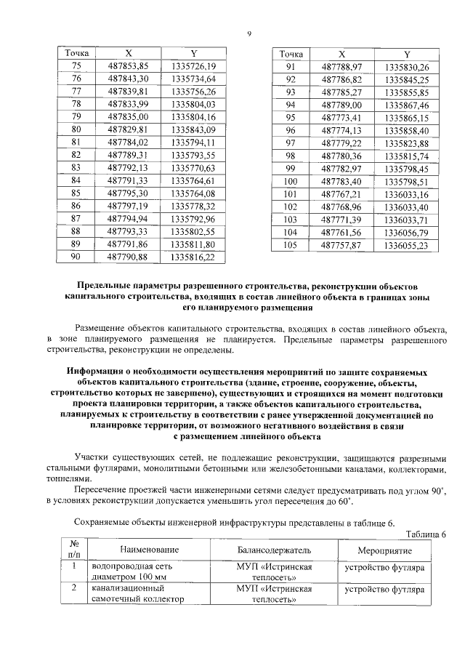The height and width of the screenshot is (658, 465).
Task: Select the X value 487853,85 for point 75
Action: click(128, 66)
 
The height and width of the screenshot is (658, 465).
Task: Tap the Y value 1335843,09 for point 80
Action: click(193, 129)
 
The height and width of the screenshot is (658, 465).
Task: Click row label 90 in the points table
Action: click(76, 257)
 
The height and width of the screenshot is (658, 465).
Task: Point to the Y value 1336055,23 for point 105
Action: click(407, 244)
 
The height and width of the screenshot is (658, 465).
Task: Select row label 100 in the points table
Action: click(291, 181)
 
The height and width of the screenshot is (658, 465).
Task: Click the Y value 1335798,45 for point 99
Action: click(407, 168)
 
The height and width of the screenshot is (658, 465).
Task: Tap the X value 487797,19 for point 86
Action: click(128, 206)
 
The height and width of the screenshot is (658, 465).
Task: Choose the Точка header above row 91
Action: click(291, 54)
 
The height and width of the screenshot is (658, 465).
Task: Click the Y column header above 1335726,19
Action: click(193, 54)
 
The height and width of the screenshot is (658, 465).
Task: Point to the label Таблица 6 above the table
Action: click(424, 534)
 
